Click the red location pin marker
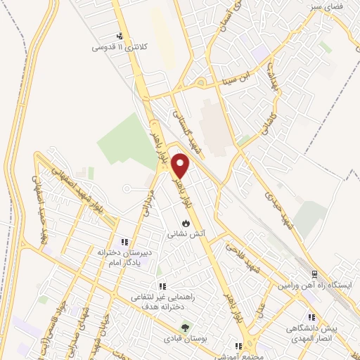pyautogui.click(x=181, y=165)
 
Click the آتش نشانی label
pyautogui.click(x=185, y=233)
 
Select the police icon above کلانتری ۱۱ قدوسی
pyautogui.click(x=120, y=37)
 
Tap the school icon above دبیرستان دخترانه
pyautogui.click(x=125, y=243)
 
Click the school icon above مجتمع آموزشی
pyautogui.click(x=238, y=346)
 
